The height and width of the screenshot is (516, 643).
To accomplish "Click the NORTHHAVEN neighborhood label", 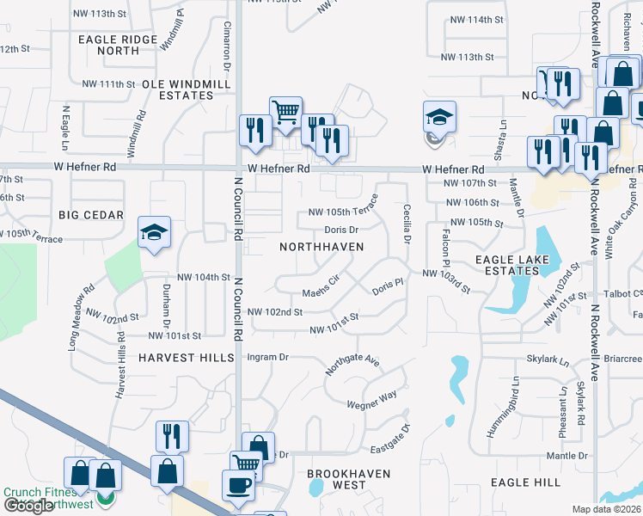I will (321, 247).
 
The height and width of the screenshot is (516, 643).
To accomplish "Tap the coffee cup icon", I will (238, 485).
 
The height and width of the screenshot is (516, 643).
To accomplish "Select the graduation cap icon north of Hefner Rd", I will (439, 117).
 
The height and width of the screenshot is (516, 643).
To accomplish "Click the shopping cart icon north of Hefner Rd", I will (285, 111).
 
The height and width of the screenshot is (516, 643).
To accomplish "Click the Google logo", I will (28, 507).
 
